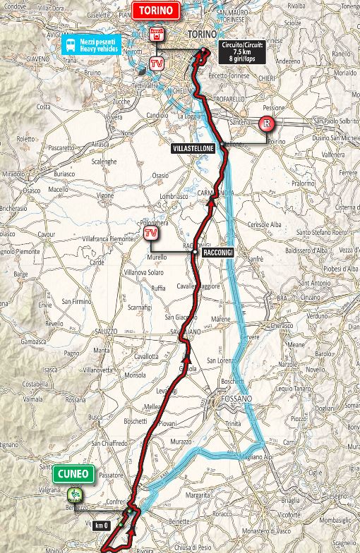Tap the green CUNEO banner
coord(73,473)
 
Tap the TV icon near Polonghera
coord(149,233)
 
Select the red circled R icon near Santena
coord(266,125)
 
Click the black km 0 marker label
coord(102,525)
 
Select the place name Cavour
coord(47,233)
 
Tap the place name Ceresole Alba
coord(264,224)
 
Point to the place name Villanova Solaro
coord(143,272)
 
